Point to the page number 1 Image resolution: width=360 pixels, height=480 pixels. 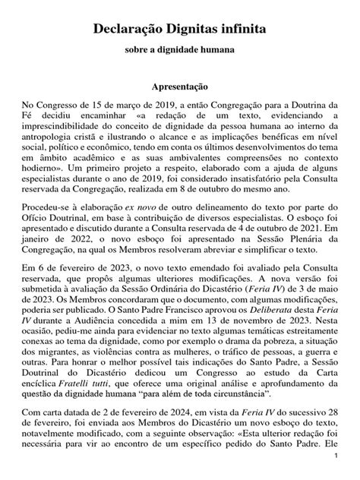pyautogui.click(x=335, y=462)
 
